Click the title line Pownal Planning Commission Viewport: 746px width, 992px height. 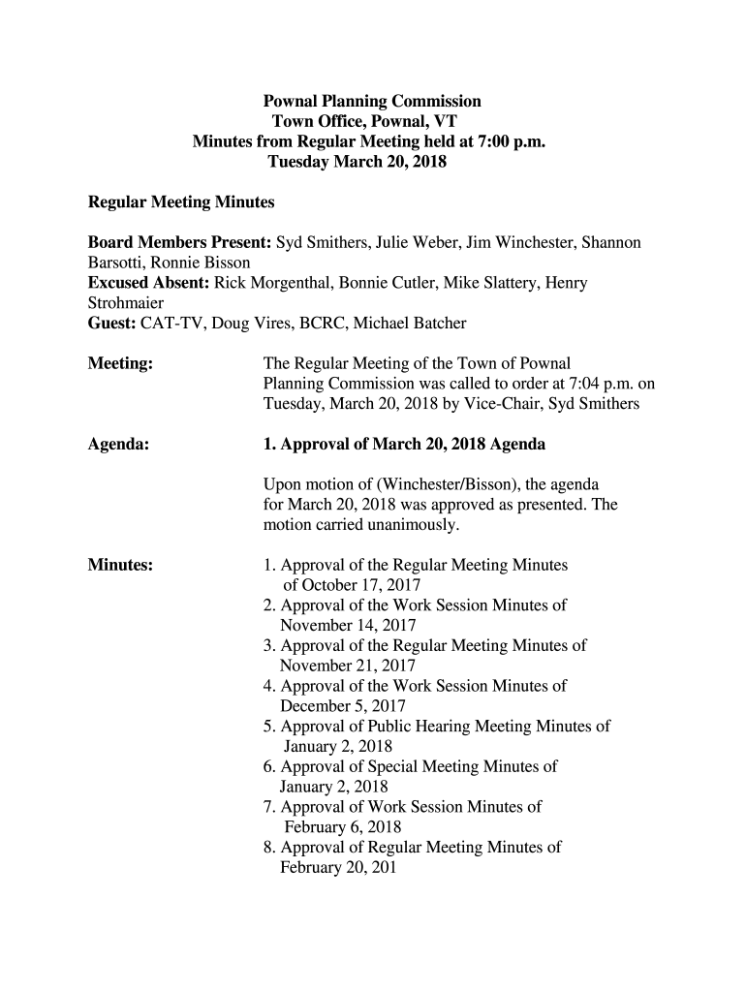(x=373, y=101)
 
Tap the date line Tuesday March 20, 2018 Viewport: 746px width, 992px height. (x=356, y=162)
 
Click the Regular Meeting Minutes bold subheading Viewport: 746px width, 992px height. (x=181, y=202)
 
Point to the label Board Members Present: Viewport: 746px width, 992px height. (x=180, y=242)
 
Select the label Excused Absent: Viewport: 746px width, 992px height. (x=149, y=283)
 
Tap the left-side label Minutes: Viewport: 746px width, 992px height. (x=120, y=565)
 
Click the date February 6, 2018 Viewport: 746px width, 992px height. (x=342, y=826)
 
